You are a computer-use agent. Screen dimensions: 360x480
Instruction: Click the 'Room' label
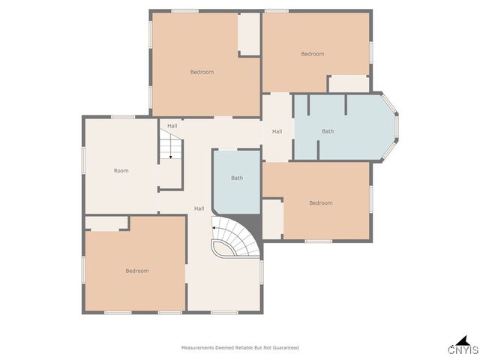(121, 171)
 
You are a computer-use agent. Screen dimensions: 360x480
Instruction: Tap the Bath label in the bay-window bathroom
(328, 131)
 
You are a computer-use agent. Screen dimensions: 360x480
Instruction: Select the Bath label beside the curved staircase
(237, 178)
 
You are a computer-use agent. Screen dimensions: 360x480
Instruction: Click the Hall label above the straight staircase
(172, 126)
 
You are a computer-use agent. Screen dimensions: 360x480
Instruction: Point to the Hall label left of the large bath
(277, 131)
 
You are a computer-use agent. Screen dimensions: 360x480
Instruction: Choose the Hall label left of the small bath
(199, 208)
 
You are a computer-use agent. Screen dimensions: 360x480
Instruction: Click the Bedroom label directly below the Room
(136, 271)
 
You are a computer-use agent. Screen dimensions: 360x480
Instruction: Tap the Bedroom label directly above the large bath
(313, 54)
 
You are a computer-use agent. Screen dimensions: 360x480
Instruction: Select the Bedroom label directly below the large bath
(320, 202)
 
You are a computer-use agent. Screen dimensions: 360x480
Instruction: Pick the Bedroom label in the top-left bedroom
(202, 72)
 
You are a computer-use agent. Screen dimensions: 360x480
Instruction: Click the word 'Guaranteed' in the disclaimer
(285, 348)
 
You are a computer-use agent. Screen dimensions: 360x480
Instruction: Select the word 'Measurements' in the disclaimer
(197, 348)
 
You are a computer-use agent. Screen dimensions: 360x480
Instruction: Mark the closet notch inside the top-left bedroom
(249, 34)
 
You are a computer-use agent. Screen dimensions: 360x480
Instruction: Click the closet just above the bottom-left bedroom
(106, 223)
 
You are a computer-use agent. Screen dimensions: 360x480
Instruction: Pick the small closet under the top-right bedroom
(349, 84)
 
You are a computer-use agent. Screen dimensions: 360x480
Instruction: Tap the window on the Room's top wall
(123, 116)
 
